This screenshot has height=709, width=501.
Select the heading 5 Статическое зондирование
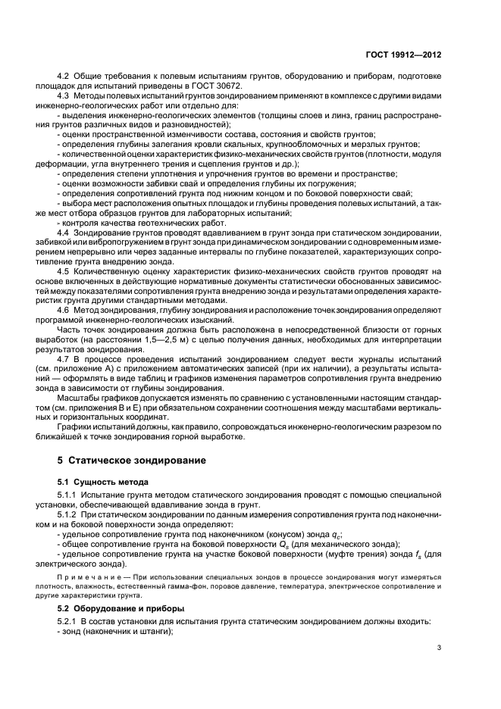(x=127, y=460)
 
